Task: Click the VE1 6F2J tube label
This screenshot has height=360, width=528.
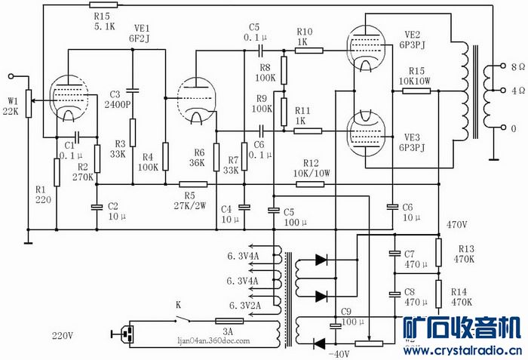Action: click(139, 33)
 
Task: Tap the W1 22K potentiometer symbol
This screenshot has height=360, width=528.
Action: click(29, 103)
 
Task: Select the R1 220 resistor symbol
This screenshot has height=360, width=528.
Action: click(57, 172)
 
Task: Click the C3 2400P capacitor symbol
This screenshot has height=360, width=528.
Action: click(133, 91)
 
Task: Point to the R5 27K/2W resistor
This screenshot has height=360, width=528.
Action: click(193, 184)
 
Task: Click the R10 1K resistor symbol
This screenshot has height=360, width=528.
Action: click(309, 51)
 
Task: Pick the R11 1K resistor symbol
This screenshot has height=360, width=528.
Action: click(308, 131)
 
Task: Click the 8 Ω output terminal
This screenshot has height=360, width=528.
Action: click(503, 66)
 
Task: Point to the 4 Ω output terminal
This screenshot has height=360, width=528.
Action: click(503, 91)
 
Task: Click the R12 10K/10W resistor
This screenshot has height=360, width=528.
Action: click(310, 184)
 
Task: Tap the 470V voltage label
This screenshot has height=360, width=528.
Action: click(456, 224)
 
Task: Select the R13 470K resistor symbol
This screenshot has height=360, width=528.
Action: click(438, 253)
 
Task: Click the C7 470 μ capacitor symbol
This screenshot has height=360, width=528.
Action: click(395, 253)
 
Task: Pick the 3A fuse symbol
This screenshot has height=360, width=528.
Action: click(229, 322)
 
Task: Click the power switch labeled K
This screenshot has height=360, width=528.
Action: click(183, 319)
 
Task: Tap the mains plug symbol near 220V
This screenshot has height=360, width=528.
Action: click(124, 334)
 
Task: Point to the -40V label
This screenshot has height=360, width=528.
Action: click(339, 354)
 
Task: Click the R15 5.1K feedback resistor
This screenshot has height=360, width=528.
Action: click(103, 5)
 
